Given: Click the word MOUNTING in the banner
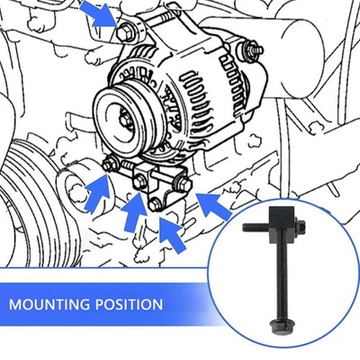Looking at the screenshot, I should (51, 303).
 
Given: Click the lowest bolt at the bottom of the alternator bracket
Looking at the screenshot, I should (157, 205).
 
